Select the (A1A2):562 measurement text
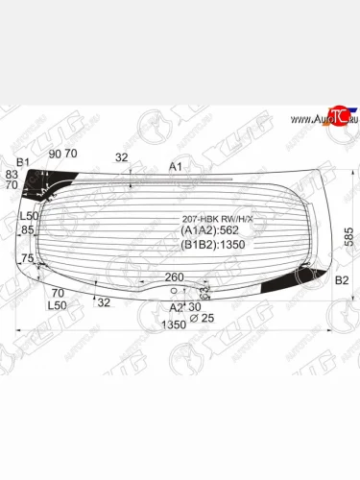click(x=210, y=230)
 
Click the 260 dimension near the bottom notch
click(x=174, y=277)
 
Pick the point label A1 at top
click(x=175, y=167)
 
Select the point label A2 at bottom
click(x=176, y=307)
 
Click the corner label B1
click(x=24, y=161)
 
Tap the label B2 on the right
click(x=341, y=279)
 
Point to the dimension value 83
click(x=12, y=174)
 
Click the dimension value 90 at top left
click(x=55, y=154)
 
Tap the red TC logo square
click(x=336, y=114)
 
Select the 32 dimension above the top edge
click(x=121, y=157)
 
